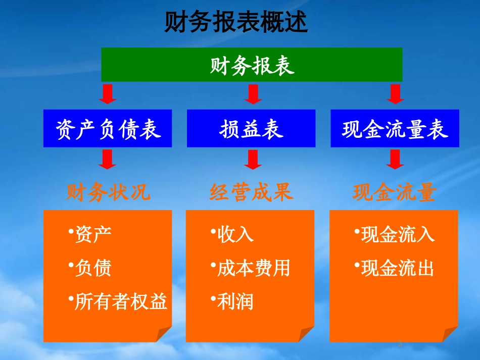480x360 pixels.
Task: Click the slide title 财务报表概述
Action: tap(235, 22)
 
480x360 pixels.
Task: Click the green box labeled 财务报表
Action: tap(252, 65)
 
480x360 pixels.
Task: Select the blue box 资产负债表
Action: tap(108, 128)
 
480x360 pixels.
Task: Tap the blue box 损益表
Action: tap(251, 128)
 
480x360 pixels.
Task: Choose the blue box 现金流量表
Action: tap(395, 128)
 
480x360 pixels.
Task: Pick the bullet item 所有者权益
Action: tap(120, 301)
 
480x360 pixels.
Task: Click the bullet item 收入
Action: tap(235, 234)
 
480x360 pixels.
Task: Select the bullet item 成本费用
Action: tap(253, 268)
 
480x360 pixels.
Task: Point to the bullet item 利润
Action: tap(235, 301)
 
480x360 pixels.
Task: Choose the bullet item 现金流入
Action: tap(397, 234)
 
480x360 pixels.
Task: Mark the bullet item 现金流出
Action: tap(397, 268)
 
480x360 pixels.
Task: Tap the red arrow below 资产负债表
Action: tap(108, 159)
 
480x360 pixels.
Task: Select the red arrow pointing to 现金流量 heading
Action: tap(395, 159)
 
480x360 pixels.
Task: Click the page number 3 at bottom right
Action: tap(399, 344)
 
